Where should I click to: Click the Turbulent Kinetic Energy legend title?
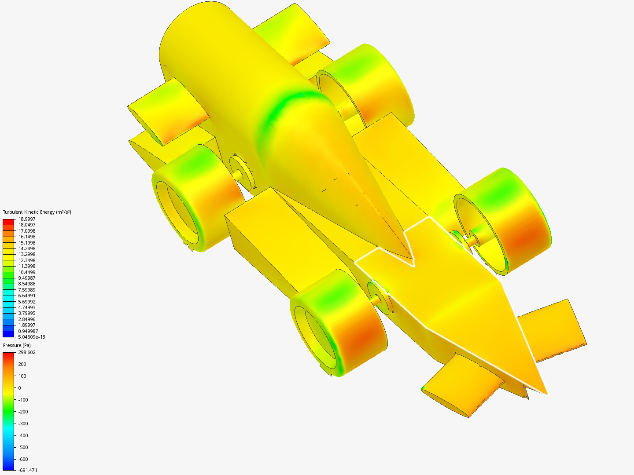pyautogui.click(x=37, y=212)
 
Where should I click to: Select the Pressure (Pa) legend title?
pyautogui.click(x=17, y=346)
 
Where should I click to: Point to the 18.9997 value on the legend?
pyautogui.click(x=27, y=219)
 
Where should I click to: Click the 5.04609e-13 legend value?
pyautogui.click(x=32, y=337)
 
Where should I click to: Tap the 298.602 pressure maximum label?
pyautogui.click(x=27, y=352)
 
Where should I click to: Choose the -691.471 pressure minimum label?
pyautogui.click(x=28, y=470)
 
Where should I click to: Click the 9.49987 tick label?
pyautogui.click(x=27, y=278)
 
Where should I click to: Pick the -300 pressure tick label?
pyautogui.click(x=23, y=424)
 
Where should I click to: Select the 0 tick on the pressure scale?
pyautogui.click(x=20, y=388)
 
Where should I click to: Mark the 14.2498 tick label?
pyautogui.click(x=27, y=248)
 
